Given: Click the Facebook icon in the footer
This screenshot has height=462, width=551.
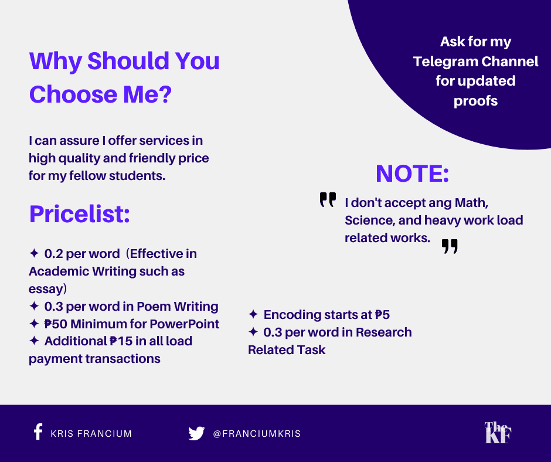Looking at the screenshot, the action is pyautogui.click(x=38, y=432).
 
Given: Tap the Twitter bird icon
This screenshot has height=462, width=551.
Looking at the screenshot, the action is pyautogui.click(x=196, y=433).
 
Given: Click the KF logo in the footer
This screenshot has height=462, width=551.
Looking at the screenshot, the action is pyautogui.click(x=498, y=433).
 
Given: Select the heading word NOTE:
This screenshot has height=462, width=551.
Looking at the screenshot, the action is pyautogui.click(x=412, y=174).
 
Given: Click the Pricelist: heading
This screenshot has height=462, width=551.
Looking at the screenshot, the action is pyautogui.click(x=79, y=214).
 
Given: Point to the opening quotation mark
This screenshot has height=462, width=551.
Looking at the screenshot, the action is pyautogui.click(x=328, y=199).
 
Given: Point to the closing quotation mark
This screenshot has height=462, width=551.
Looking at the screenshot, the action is pyautogui.click(x=450, y=246).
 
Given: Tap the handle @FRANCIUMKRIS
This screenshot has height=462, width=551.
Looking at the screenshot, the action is pyautogui.click(x=257, y=433).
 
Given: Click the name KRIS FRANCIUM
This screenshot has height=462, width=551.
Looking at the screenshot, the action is pyautogui.click(x=91, y=433).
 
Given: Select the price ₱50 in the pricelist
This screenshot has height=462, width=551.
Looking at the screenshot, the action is pyautogui.click(x=56, y=324).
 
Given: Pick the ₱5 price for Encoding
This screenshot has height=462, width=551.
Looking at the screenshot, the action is pyautogui.click(x=382, y=315).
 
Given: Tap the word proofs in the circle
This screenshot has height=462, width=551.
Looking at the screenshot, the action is pyautogui.click(x=475, y=101).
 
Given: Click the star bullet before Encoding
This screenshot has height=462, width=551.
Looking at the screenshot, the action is pyautogui.click(x=253, y=314).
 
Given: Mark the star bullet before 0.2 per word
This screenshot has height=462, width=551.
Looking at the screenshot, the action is pyautogui.click(x=34, y=253).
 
